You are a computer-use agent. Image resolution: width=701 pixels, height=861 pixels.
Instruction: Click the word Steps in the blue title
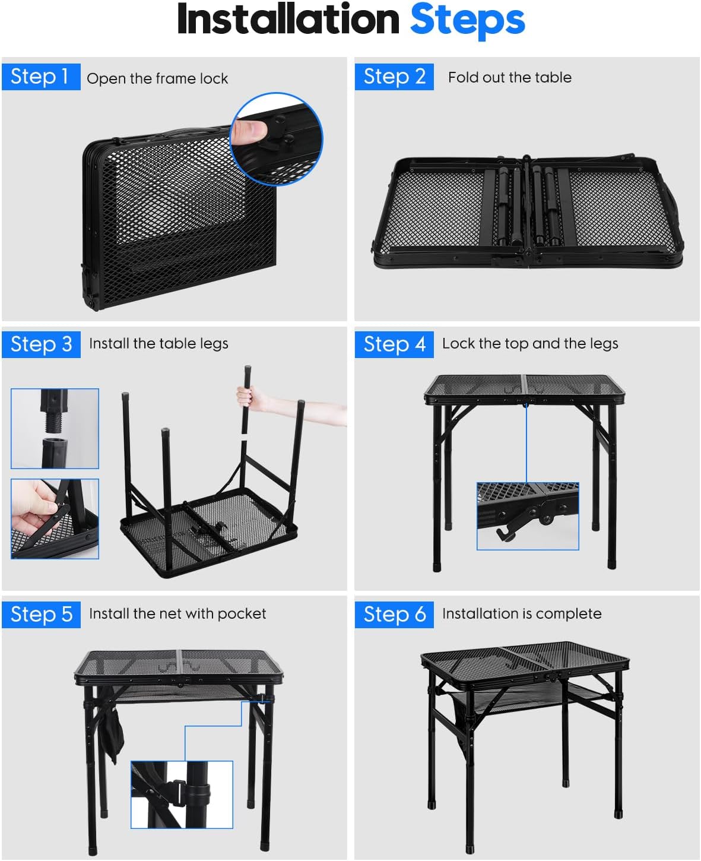[468, 20]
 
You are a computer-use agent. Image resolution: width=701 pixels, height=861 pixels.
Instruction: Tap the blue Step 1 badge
[41, 77]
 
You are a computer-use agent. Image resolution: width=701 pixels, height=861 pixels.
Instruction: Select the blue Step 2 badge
[394, 77]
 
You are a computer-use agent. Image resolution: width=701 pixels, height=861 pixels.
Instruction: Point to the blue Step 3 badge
[41, 344]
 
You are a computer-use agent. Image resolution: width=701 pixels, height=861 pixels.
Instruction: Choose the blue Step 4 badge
[394, 344]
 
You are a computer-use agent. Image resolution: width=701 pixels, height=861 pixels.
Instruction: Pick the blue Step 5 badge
[41, 615]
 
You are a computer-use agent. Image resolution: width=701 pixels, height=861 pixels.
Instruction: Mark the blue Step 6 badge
[394, 615]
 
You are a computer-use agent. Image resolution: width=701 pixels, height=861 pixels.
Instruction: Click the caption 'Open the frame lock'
[157, 78]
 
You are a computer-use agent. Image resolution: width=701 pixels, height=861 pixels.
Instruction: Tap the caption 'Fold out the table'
[510, 77]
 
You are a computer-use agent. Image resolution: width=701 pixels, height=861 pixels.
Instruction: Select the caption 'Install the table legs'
[158, 344]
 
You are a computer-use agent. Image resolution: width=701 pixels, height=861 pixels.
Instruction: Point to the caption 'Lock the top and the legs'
[530, 344]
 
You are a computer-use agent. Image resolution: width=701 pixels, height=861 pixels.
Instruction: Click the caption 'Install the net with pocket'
[177, 613]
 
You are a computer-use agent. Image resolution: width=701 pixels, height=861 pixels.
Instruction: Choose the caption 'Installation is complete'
[522, 613]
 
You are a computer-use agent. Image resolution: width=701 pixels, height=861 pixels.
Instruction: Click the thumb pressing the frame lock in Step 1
[249, 131]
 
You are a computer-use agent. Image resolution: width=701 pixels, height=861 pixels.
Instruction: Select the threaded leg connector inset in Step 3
[55, 429]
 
